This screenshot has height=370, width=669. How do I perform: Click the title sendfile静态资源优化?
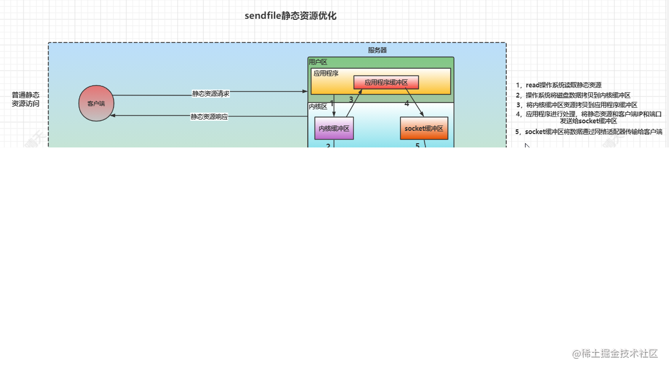tap(290, 16)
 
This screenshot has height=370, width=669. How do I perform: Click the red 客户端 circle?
tap(96, 103)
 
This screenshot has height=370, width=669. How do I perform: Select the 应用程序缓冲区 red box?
tap(386, 83)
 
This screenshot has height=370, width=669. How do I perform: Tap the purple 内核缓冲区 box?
tap(334, 128)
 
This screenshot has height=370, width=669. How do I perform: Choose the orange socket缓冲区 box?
tap(424, 128)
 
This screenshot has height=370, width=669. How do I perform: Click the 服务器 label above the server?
tap(377, 50)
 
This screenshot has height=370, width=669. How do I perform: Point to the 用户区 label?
tap(318, 62)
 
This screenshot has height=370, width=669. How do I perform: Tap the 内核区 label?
tap(318, 107)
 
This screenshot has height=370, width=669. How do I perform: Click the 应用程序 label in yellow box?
tap(326, 73)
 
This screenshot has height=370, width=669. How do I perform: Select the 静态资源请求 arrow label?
tap(211, 94)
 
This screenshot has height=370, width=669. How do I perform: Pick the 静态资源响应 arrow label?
tap(209, 117)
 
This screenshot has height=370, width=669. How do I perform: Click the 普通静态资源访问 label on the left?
tap(26, 99)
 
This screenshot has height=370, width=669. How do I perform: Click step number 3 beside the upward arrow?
tap(351, 99)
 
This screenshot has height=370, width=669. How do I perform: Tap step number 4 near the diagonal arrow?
tap(407, 103)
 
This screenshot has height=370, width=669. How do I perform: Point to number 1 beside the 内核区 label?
tap(332, 102)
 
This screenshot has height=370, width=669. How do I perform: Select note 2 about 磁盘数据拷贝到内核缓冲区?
tap(573, 95)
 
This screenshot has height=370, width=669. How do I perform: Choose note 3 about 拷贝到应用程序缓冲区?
tap(576, 105)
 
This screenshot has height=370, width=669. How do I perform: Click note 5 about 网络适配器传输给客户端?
tap(589, 132)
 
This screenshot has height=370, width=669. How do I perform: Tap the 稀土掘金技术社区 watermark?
tap(613, 352)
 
